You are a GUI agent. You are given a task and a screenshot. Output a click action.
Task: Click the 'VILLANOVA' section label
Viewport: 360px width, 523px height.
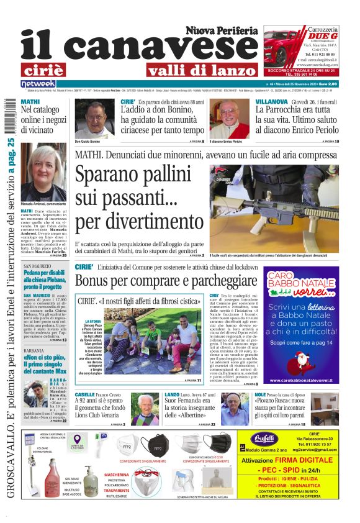pos(271,101)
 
